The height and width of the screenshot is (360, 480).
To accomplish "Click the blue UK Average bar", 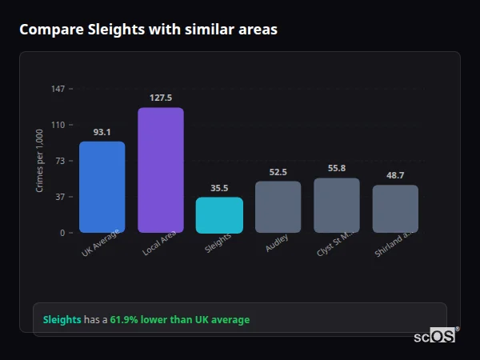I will (x=102, y=187).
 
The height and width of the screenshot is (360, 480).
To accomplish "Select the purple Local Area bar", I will (x=161, y=170).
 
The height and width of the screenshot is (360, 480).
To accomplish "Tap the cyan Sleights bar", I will (x=219, y=215).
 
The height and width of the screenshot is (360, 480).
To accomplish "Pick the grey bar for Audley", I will (x=278, y=207).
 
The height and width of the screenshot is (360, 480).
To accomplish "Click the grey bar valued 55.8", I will (x=337, y=206).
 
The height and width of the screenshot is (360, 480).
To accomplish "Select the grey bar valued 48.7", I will (x=395, y=209).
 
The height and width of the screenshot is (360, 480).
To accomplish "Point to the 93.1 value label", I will (x=102, y=132).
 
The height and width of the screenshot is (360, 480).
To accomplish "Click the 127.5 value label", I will (x=161, y=98).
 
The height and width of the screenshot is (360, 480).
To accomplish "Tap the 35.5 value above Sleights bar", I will (x=219, y=188).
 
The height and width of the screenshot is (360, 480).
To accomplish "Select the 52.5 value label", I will (x=278, y=172).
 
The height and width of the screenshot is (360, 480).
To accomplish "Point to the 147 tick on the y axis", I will (x=58, y=89).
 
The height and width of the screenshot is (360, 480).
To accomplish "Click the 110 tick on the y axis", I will (x=58, y=125).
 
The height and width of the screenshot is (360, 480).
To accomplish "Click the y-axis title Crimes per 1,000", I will (x=40, y=161).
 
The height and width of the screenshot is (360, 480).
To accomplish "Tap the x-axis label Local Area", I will (x=160, y=244).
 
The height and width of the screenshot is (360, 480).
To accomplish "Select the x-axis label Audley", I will (x=278, y=243).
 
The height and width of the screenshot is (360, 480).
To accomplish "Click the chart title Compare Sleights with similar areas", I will (x=148, y=30).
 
